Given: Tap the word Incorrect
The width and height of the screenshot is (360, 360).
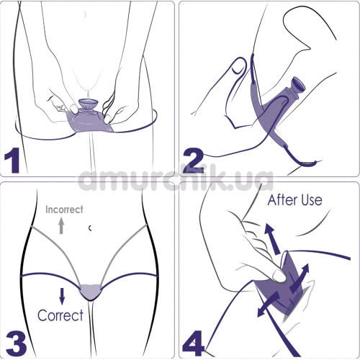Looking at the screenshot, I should point(64,210).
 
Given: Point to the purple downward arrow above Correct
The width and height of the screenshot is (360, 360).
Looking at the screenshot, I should point(63,294).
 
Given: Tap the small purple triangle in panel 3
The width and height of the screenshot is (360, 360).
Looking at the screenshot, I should point(90,291).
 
